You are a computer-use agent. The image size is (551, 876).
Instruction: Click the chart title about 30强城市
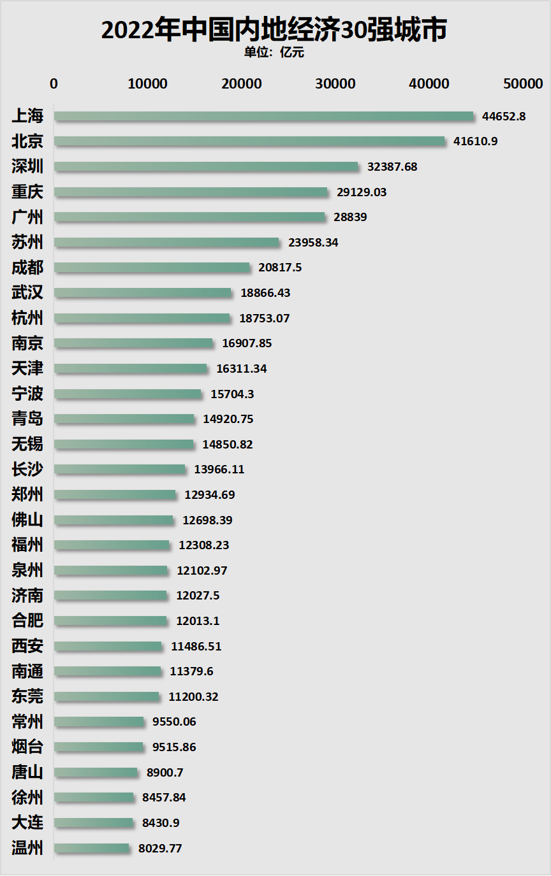274,29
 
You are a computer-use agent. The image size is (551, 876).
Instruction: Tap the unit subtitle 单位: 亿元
274,53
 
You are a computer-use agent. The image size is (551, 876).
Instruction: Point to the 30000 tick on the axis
335,83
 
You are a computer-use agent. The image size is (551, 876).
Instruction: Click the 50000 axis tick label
522,83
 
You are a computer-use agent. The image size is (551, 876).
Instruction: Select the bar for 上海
264,116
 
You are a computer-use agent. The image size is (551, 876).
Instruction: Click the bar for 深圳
207,166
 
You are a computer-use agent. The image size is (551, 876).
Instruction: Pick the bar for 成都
152,268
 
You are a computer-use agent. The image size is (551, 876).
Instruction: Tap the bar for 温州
92,848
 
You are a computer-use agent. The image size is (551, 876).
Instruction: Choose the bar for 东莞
107,696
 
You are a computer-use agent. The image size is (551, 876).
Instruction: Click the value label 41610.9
475,141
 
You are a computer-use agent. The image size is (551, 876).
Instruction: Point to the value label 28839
350,217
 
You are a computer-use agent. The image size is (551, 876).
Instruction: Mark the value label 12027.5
198,596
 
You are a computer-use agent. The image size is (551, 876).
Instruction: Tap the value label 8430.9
161,823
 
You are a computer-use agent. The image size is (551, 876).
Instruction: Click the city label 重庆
27,192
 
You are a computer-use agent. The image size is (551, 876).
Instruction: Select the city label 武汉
27,292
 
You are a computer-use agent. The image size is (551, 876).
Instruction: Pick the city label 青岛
27,419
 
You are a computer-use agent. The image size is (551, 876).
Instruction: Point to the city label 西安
27,646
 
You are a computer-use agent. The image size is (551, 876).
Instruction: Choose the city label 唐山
27,772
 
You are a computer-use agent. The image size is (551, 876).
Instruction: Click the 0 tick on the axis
54,83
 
